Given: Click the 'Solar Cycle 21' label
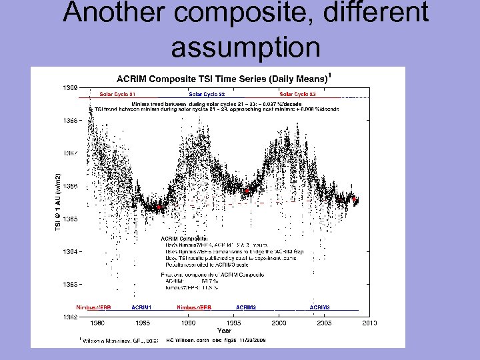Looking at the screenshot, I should pos(117,94).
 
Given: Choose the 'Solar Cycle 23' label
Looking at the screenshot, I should pos(297,94).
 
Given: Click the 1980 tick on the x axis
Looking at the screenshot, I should pos(97,323).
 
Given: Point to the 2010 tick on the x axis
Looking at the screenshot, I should pos(369,323).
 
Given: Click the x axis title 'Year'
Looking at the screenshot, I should pos(224,330).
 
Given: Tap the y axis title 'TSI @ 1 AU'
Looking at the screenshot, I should pos(57,200).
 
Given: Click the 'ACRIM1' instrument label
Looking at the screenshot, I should pos(141,307).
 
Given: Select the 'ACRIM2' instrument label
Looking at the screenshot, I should pos(246,307).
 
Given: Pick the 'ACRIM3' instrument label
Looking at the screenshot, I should pos(319,307).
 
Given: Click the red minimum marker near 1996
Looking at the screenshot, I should pos(247,191).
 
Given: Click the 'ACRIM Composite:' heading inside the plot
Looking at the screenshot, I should pos(185,237).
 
